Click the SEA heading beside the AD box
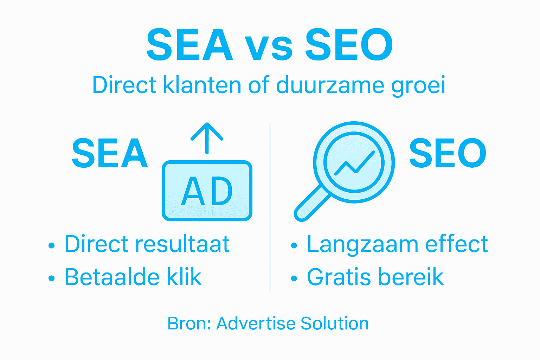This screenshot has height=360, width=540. pos(110,153)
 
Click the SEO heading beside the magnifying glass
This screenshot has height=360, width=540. pos(448,153)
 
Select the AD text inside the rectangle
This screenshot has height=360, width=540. pos(207,192)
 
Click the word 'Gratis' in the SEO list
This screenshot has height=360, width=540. pos(339,277)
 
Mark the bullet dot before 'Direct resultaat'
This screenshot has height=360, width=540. pos(52,245)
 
